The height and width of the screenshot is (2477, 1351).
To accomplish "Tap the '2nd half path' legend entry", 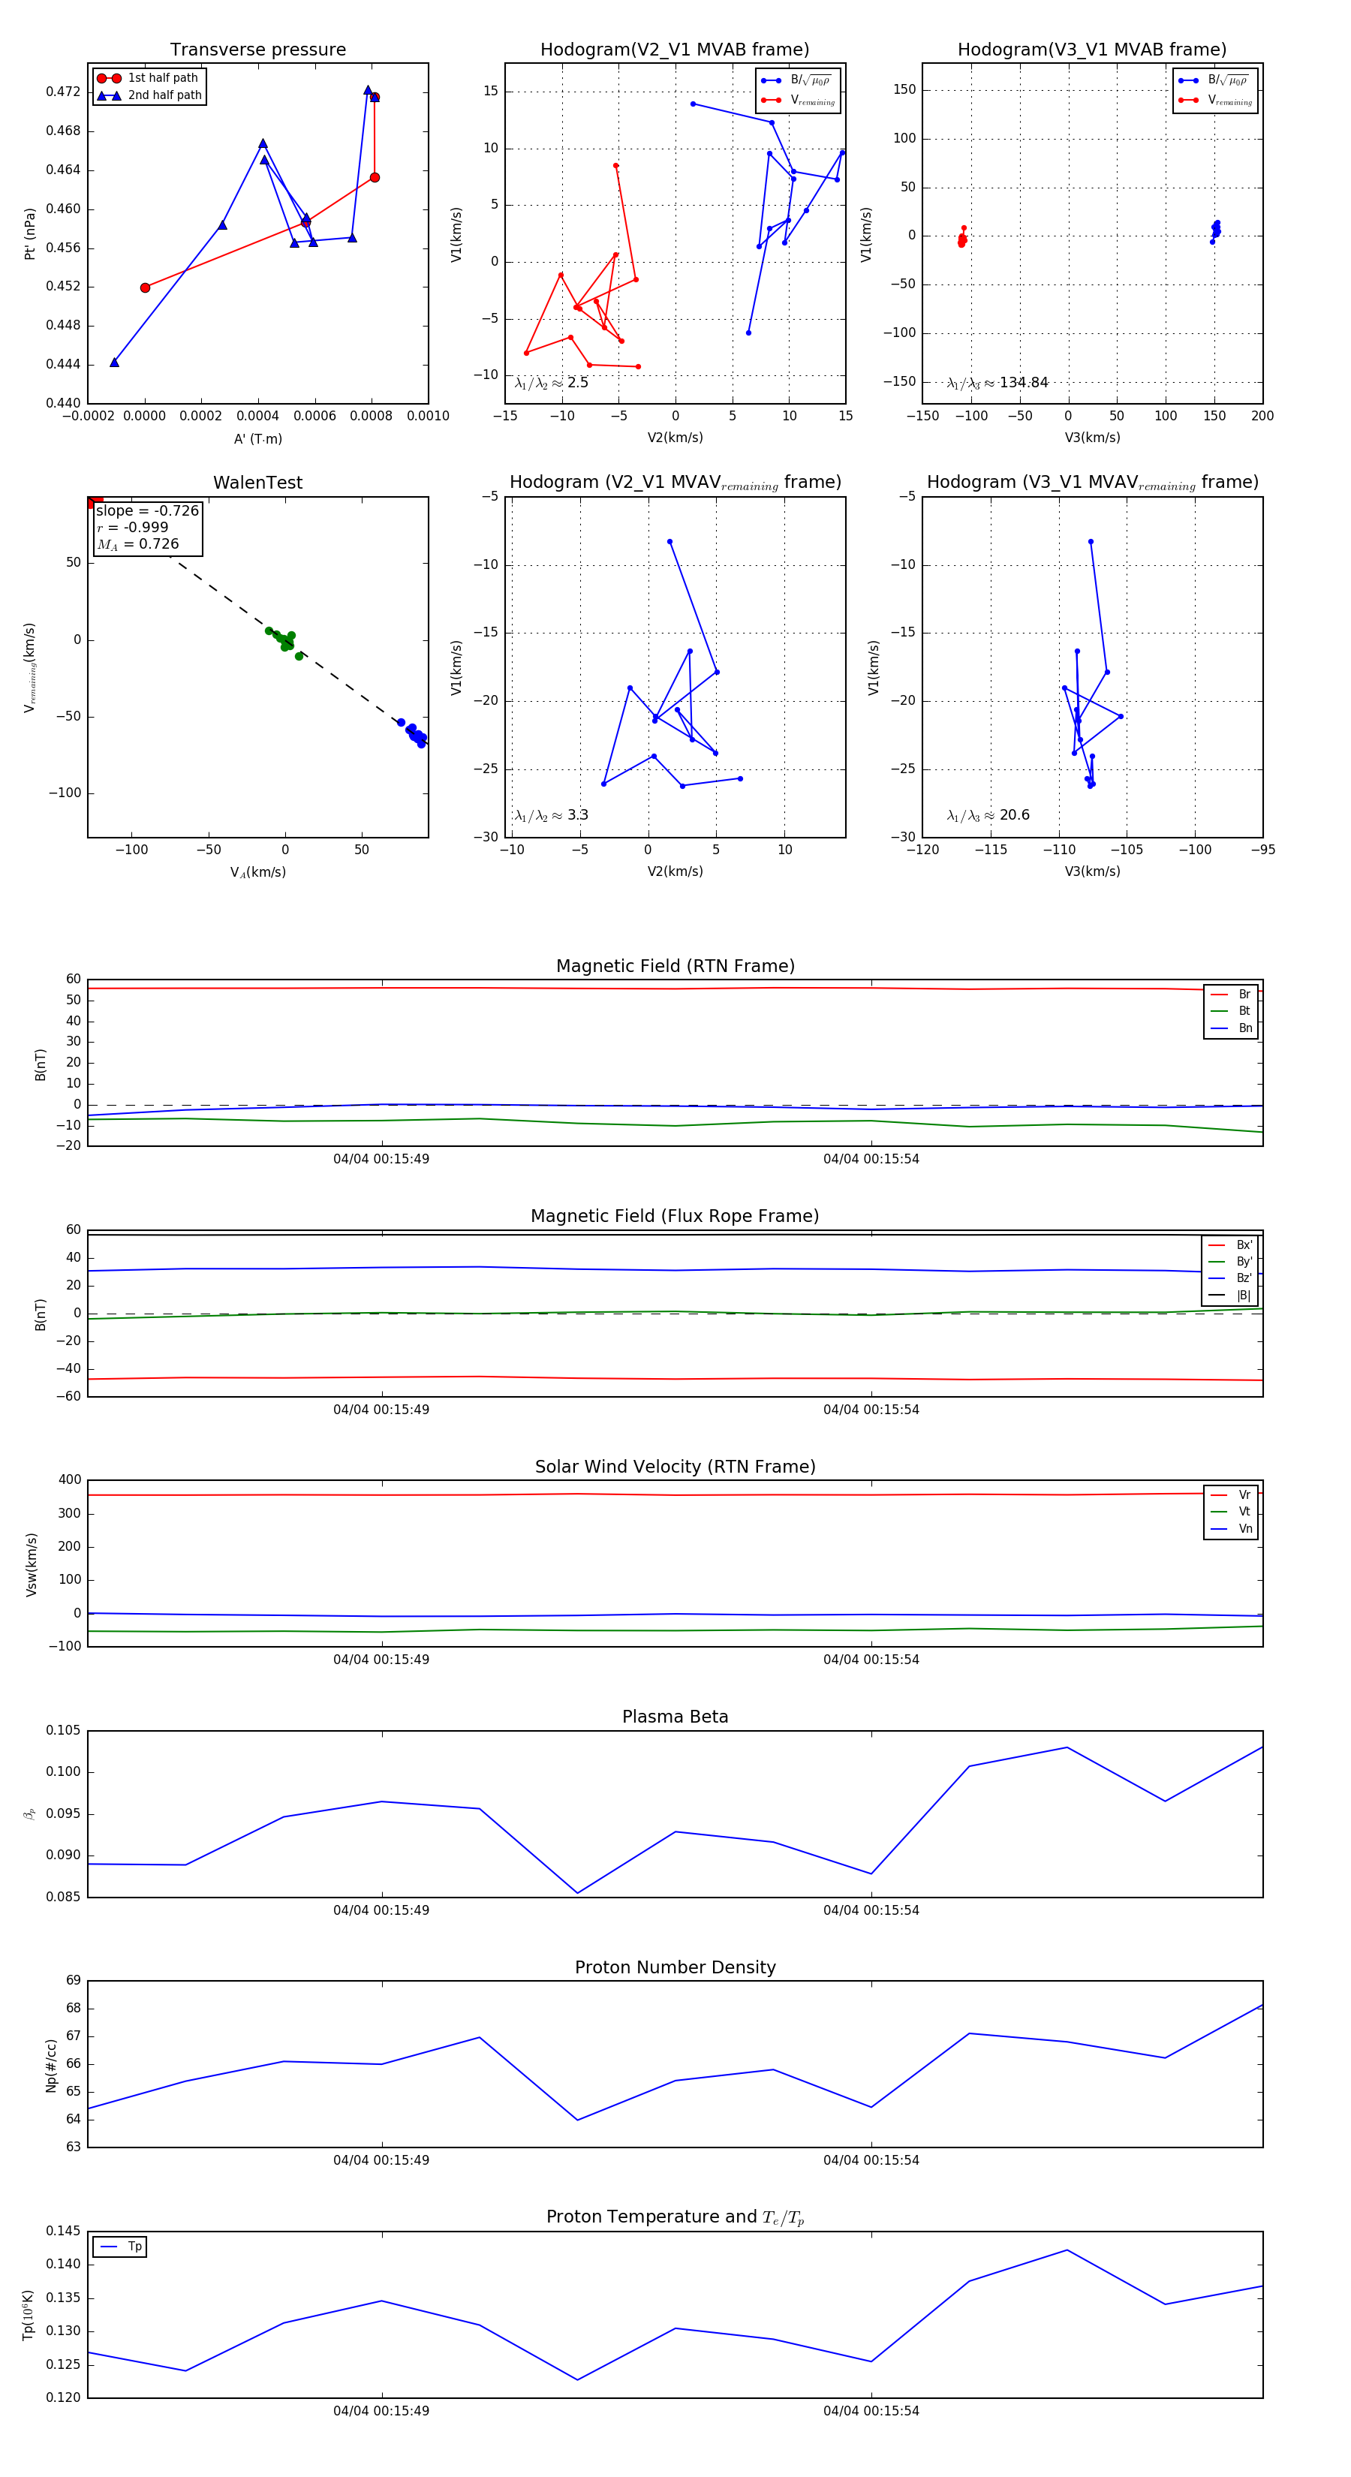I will [164, 95].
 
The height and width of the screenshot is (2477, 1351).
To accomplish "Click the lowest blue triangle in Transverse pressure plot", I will [114, 363].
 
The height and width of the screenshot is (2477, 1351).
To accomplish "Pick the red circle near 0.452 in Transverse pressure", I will [145, 287].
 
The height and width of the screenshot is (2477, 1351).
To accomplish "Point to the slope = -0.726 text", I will [147, 510].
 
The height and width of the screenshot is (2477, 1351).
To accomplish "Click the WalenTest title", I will [257, 483].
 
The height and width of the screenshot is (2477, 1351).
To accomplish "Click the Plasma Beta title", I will [675, 1717].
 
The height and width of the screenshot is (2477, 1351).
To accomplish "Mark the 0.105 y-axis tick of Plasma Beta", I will [64, 1731].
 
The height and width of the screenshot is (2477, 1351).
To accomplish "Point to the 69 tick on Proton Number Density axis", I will [73, 1981].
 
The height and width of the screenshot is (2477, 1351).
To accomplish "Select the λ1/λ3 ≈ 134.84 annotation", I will [997, 383].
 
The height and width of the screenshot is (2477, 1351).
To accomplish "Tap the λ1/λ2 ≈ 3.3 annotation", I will [551, 815].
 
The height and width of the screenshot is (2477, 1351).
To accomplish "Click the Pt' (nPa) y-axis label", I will [30, 233].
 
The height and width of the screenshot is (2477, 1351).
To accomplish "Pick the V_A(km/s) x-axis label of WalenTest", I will [257, 872].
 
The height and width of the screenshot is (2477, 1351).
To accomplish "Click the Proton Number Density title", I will [675, 1967].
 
